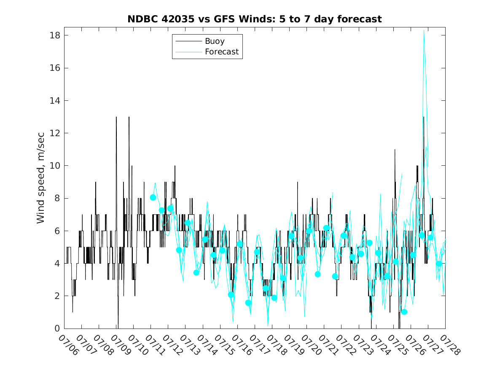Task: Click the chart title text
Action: pos(255,19)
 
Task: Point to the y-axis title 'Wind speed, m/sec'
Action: pos(41,178)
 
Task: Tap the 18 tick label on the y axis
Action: pos(55,35)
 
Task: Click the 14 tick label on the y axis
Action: pos(55,100)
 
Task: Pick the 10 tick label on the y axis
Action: pos(55,166)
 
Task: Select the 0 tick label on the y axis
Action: pos(57,329)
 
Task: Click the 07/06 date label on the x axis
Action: pos(69,345)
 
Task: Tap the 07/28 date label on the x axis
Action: pos(450,345)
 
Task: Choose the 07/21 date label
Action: pos(329,345)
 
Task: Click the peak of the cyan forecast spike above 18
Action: pos(424,30)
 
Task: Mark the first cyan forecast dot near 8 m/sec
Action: pos(153,197)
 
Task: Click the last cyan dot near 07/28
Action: pos(438,264)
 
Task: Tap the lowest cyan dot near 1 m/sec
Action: pos(404,312)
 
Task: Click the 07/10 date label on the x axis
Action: pos(138,345)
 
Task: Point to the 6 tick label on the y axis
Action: pos(57,231)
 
